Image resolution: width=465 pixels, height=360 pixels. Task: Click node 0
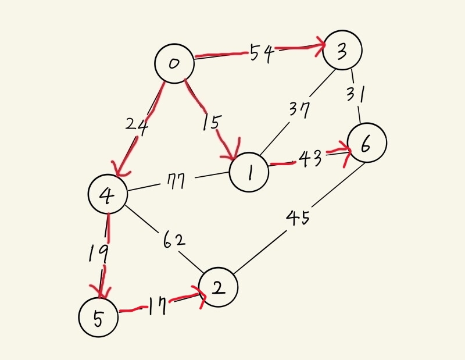tap(173, 63)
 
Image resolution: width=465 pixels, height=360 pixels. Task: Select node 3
tap(342, 50)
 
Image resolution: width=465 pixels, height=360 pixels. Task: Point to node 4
tap(108, 195)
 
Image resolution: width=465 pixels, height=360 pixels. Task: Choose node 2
tap(218, 287)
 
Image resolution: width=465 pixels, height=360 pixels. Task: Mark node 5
tap(98, 317)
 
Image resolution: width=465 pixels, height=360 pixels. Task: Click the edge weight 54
tap(262, 54)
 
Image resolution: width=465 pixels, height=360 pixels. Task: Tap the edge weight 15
tap(211, 122)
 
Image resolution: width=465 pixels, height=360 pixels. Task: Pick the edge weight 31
tap(355, 93)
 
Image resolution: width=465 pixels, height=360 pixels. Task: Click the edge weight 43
tap(310, 159)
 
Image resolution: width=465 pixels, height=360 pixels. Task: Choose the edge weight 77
tap(175, 182)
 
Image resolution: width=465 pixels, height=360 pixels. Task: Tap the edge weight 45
tap(298, 218)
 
